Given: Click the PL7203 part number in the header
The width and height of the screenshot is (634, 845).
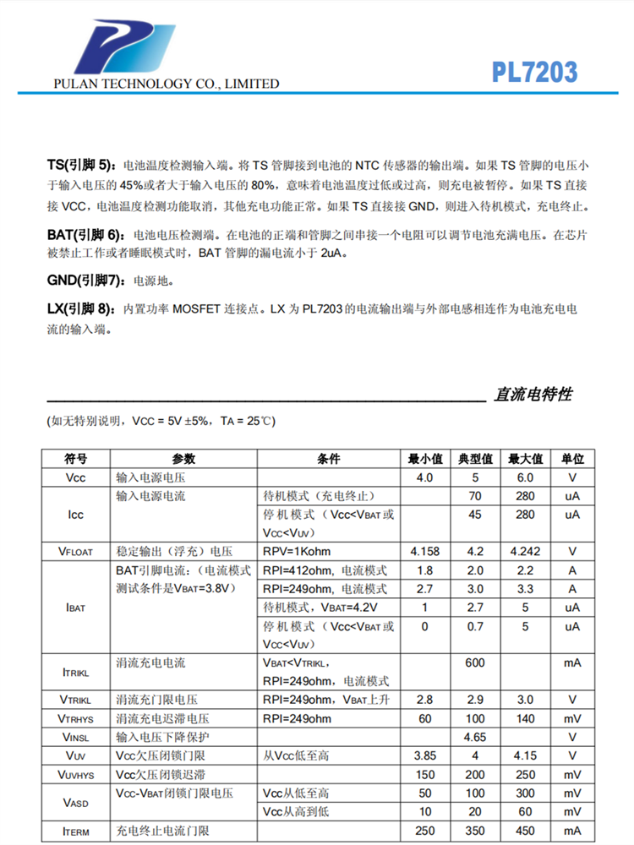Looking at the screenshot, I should point(534,72).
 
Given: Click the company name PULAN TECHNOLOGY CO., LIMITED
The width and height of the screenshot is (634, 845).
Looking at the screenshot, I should point(166,84).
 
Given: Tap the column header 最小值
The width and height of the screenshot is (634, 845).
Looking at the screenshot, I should point(425,459).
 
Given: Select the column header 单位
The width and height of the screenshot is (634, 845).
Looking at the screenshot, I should point(572,459).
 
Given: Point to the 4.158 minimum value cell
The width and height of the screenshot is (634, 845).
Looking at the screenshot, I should point(425,552).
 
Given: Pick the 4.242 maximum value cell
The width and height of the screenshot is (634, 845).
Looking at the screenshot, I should point(524,552).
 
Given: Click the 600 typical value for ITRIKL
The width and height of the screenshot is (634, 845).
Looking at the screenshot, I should point(475,663).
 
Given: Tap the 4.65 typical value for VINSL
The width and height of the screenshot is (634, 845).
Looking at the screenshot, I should point(475,737).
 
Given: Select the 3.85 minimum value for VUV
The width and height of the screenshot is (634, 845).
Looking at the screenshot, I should point(425,755).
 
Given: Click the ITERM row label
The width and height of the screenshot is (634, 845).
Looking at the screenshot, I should point(76,831).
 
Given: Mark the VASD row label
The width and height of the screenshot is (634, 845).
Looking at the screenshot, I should point(76,803).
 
